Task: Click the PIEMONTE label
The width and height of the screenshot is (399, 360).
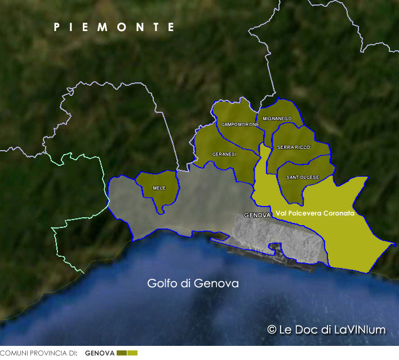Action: click(114, 27)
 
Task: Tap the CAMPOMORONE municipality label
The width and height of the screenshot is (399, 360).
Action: click(240, 124)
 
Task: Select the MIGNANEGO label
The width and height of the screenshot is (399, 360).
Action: click(277, 118)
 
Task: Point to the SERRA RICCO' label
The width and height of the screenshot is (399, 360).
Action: click(294, 147)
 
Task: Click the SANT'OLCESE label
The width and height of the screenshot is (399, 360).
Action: click(303, 177)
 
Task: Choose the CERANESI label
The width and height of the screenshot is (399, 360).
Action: click(224, 154)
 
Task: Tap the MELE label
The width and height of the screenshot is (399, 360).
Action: click(159, 188)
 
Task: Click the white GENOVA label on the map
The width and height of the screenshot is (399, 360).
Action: click(257, 216)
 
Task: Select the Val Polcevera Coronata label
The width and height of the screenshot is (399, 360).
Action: click(315, 213)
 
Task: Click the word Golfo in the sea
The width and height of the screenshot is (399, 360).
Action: click(163, 283)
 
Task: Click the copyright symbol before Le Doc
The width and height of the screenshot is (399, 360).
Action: click(272, 330)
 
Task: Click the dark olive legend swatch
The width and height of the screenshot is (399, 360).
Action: click(121, 353)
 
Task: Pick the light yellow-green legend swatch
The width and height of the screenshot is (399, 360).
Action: click(132, 353)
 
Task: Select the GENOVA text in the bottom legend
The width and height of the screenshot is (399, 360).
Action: click(100, 353)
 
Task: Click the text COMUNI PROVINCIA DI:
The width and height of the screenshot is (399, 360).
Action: click(38, 353)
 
